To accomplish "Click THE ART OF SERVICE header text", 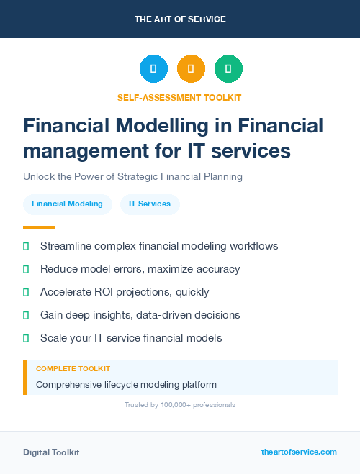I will [x=180, y=19].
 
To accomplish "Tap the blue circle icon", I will [x=153, y=69].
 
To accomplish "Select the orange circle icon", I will [x=191, y=69].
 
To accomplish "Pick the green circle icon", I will [x=228, y=69].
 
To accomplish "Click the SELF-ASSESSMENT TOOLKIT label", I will [x=179, y=97].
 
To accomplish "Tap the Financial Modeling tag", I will [x=67, y=204].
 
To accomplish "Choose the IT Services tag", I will [x=150, y=204].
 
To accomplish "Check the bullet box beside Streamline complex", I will [x=26, y=246].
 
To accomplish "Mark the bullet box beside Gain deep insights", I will [x=26, y=315].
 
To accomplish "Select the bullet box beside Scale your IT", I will [x=26, y=338].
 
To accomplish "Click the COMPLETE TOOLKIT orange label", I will [x=73, y=368].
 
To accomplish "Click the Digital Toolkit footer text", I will [x=51, y=452].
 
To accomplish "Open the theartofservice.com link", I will [x=299, y=452].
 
